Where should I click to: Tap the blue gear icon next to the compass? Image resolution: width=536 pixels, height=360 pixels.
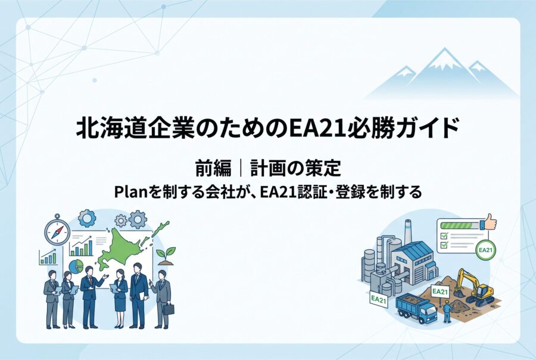click(87, 218)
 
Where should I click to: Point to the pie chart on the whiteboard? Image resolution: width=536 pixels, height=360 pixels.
click(76, 266)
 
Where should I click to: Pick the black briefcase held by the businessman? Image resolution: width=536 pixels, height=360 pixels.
click(169, 309)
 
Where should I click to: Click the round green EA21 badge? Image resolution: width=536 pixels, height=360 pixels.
click(485, 250)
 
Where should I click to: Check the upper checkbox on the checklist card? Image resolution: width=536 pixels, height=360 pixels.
click(444, 236)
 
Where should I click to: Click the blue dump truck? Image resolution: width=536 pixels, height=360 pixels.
click(416, 308)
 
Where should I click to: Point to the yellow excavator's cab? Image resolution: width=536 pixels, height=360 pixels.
click(485, 291)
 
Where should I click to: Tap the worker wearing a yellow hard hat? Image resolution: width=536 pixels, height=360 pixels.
click(447, 311)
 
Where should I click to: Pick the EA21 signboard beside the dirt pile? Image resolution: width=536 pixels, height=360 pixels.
click(440, 292)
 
